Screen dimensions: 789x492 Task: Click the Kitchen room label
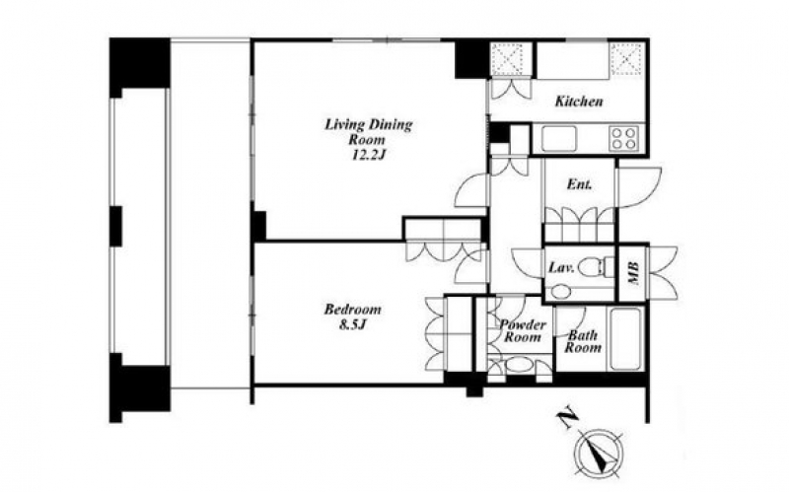(x=579, y=102)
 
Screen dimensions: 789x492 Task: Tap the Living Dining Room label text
(x=368, y=132)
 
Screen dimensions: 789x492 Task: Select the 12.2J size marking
(x=368, y=155)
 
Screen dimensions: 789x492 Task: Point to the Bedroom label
(x=352, y=309)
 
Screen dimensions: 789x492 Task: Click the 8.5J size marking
(x=352, y=325)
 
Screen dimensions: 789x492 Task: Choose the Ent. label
(x=579, y=184)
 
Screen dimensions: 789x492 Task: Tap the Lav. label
(x=561, y=268)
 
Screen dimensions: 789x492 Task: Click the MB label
(x=633, y=274)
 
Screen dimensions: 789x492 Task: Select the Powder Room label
(x=523, y=331)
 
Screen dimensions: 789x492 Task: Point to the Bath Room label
(x=583, y=341)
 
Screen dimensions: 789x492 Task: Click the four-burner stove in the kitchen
(x=624, y=138)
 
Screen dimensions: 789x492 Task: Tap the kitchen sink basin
(x=558, y=138)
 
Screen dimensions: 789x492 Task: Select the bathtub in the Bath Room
(x=626, y=338)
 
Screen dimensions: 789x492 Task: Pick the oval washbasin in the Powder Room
(x=520, y=365)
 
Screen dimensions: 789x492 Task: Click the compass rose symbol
(x=600, y=452)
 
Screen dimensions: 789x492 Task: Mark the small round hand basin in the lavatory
(x=558, y=292)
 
